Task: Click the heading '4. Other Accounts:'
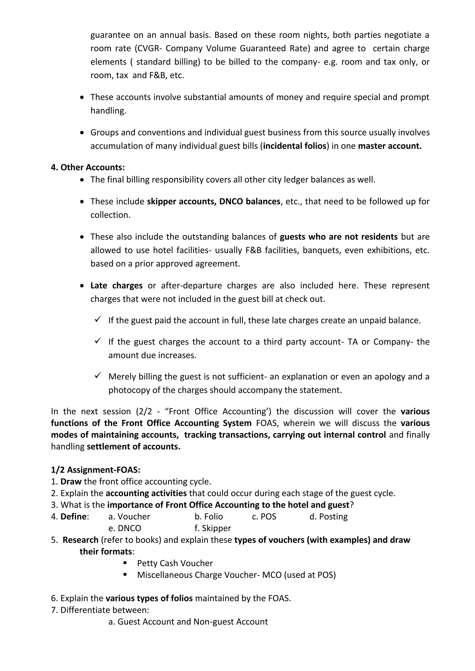coord(88,167)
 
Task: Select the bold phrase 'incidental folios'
coord(295,146)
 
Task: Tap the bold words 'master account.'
coord(390,146)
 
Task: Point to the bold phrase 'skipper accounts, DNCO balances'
coord(214,201)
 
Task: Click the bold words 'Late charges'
coord(116,285)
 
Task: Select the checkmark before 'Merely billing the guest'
coord(98,375)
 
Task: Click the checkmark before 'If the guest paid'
coord(98,319)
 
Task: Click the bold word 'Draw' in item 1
coord(71,481)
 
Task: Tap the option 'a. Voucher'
coord(129,516)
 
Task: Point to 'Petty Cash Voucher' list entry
coord(175,563)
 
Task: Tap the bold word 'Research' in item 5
coord(80,540)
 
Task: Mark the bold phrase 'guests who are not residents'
coord(339,236)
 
